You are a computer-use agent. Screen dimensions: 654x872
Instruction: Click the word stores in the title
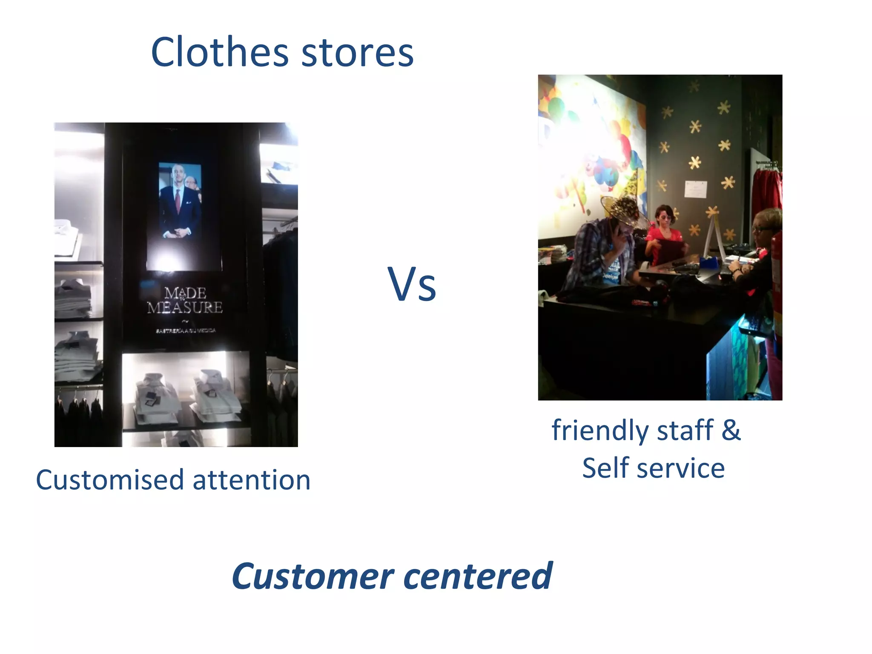[357, 53]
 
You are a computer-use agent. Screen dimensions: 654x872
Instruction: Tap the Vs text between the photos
[412, 284]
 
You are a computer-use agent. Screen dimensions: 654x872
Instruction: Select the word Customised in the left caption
[110, 480]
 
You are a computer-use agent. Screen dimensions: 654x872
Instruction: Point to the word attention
[252, 480]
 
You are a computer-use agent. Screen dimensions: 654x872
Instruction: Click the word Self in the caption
[605, 468]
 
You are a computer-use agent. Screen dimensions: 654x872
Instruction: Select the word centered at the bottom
[478, 576]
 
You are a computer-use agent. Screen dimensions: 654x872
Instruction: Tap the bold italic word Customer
[313, 576]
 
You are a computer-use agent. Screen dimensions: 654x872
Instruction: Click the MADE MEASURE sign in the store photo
[185, 300]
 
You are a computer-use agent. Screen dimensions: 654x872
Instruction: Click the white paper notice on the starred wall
[696, 189]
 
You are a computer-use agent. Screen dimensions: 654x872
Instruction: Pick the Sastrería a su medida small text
[186, 330]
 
